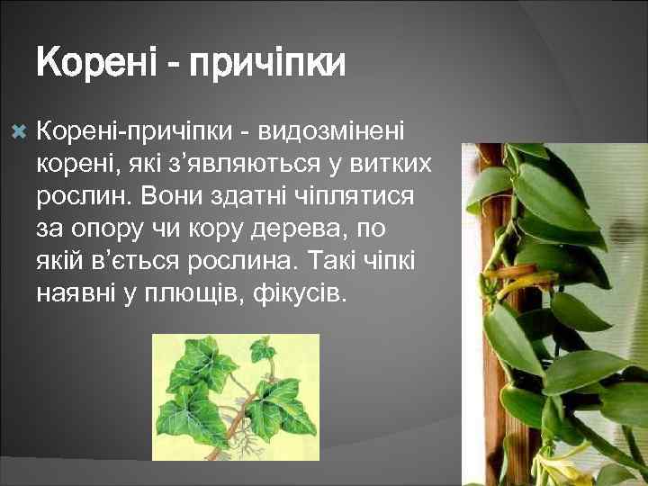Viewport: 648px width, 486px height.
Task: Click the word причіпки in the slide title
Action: click(x=270, y=65)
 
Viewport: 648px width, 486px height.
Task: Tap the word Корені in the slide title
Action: click(x=95, y=65)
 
